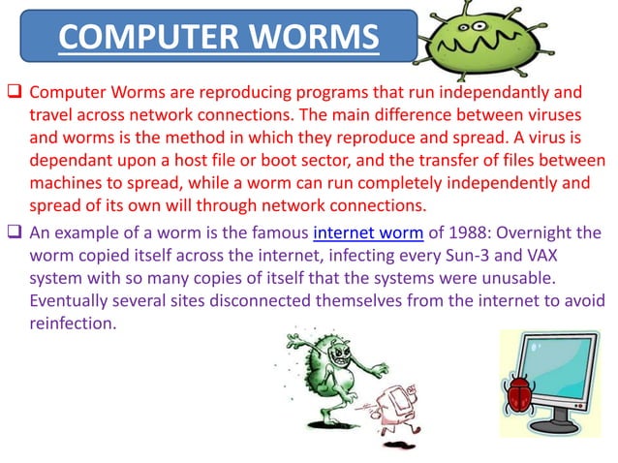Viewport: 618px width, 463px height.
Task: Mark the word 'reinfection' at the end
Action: [x=73, y=324]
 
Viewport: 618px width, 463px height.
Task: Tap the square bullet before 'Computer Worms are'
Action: [x=14, y=93]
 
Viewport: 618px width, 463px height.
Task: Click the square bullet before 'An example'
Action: [x=14, y=233]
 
